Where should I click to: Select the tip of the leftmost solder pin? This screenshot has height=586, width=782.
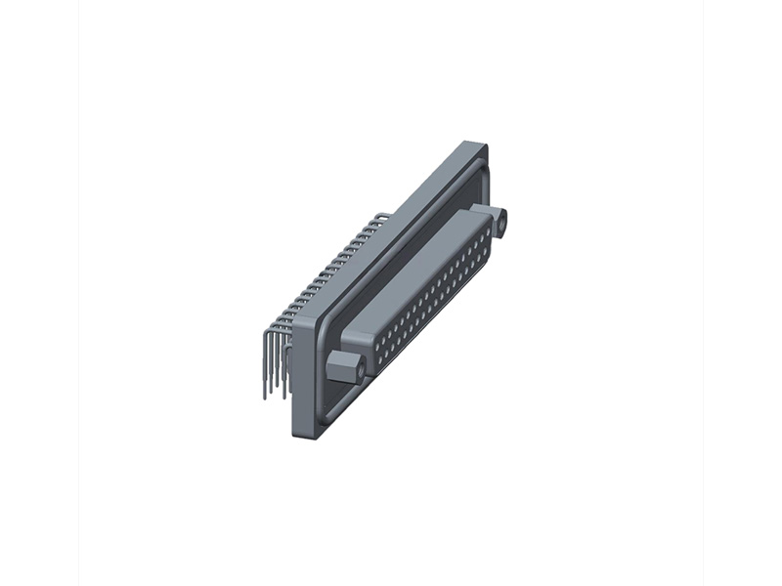[265, 396]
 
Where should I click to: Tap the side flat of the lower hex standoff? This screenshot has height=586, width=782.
[337, 372]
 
